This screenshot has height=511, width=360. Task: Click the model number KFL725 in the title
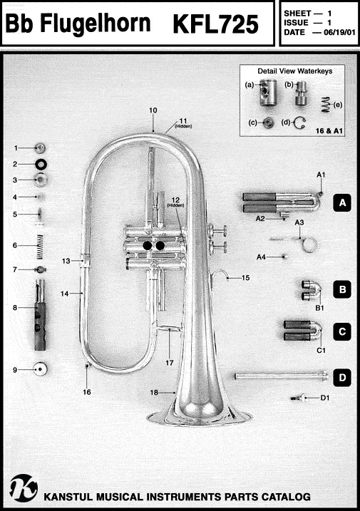(215, 24)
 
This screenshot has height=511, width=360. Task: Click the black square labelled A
(342, 202)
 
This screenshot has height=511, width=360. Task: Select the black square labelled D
(342, 378)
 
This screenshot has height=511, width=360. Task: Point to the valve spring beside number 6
(40, 247)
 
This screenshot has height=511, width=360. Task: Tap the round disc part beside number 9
(40, 369)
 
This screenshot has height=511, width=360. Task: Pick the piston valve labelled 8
(40, 314)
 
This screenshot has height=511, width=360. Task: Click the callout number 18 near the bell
(154, 393)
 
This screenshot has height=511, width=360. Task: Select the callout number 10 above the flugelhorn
(153, 110)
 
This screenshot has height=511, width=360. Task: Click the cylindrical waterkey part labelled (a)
(268, 93)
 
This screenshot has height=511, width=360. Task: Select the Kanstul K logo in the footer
(24, 488)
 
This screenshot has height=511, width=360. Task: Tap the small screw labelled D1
(299, 398)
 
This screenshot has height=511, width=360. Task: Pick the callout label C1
(322, 351)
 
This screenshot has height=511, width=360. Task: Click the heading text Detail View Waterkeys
(295, 71)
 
